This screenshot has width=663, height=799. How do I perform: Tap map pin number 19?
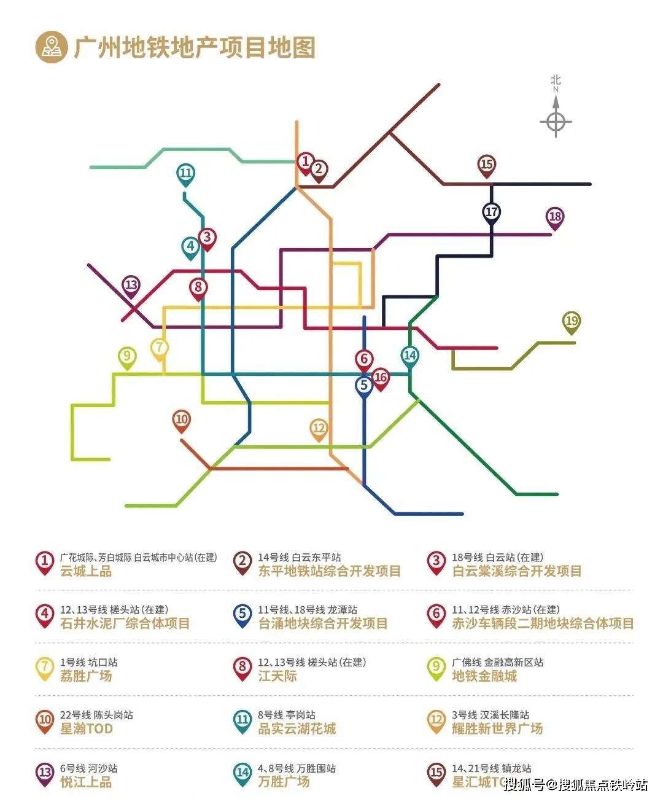point(572,322)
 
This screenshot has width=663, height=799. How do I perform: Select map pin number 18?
point(555,217)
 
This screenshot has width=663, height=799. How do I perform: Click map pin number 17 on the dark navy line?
point(491,212)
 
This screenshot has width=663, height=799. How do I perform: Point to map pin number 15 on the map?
point(487,165)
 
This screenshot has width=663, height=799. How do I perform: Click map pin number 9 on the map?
point(127,357)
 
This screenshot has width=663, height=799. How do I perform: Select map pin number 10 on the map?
point(182,421)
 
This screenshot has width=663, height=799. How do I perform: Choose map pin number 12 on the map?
point(319,429)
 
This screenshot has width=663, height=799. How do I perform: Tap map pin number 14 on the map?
point(410,356)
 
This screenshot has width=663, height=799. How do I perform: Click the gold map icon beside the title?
point(51,47)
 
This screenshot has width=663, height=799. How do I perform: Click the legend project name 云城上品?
point(86,571)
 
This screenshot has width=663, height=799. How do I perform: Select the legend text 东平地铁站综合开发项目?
point(329,571)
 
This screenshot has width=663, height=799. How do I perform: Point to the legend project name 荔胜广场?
point(86,676)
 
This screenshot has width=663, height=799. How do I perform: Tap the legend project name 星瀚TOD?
point(87,729)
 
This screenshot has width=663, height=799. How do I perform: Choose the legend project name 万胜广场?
point(284,782)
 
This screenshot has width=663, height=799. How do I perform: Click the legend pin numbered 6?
point(436,615)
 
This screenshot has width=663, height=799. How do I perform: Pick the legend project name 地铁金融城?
point(484,676)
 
